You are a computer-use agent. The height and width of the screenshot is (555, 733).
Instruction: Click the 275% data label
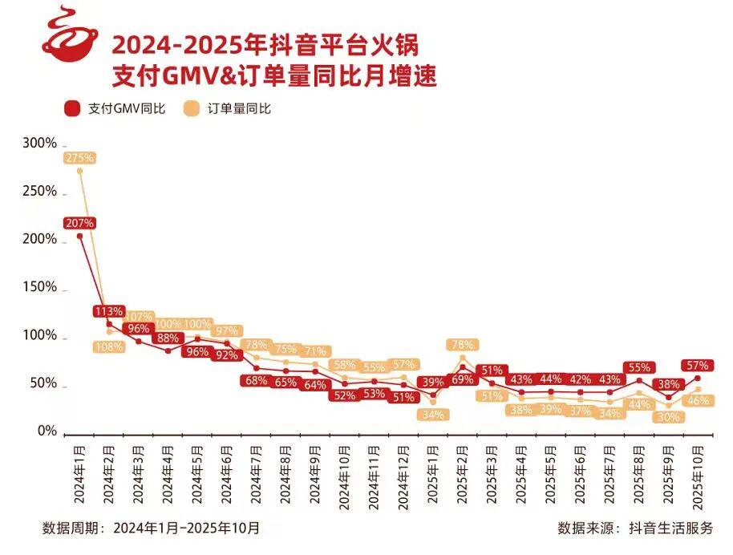pyautogui.click(x=79, y=158)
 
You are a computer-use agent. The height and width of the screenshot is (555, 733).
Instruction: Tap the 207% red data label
pyautogui.click(x=79, y=222)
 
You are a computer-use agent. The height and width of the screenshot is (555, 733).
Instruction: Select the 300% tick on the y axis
pyautogui.click(x=39, y=144)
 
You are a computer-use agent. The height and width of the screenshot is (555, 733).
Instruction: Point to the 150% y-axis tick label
pyautogui.click(x=39, y=288)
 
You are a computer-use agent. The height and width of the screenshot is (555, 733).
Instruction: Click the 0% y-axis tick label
pyautogui.click(x=47, y=431)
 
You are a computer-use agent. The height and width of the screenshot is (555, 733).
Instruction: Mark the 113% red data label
pyautogui.click(x=108, y=311)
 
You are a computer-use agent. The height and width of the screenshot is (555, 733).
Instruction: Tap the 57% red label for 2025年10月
pyautogui.click(x=697, y=366)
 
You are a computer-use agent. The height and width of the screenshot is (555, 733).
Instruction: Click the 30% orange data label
pyautogui.click(x=667, y=416)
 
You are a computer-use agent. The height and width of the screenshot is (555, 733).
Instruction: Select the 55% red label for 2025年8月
pyautogui.click(x=638, y=367)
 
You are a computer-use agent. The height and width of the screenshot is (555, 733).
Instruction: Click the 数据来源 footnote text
pyautogui.click(x=634, y=528)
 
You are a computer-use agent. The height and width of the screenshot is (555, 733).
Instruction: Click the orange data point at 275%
pyautogui.click(x=79, y=171)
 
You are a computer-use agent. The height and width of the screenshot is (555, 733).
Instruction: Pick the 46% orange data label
pyautogui.click(x=697, y=399)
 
